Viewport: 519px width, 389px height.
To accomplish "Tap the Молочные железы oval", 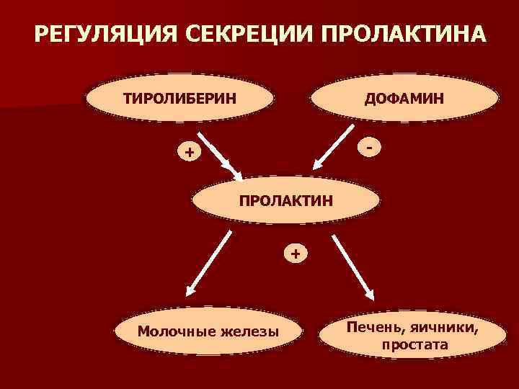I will [208, 331].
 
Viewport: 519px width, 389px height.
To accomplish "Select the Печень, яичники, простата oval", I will [412, 336].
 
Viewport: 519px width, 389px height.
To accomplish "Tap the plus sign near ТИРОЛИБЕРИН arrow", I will [189, 152].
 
